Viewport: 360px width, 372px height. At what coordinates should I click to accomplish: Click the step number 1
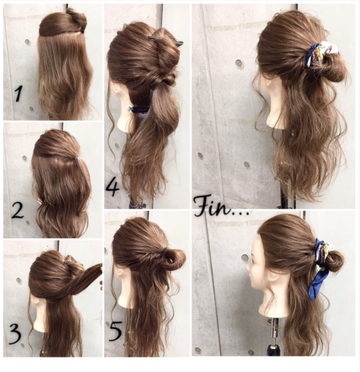click(x=18, y=94)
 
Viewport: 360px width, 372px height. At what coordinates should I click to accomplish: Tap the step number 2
click(x=17, y=210)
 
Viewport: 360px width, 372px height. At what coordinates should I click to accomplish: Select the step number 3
click(x=15, y=334)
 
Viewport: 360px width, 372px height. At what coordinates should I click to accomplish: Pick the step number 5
click(x=116, y=331)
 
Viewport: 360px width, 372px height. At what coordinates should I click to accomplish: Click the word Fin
click(x=213, y=206)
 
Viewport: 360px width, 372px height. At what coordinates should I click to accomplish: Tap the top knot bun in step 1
click(x=76, y=20)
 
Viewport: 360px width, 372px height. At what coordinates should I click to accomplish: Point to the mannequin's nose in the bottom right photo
click(x=249, y=268)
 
